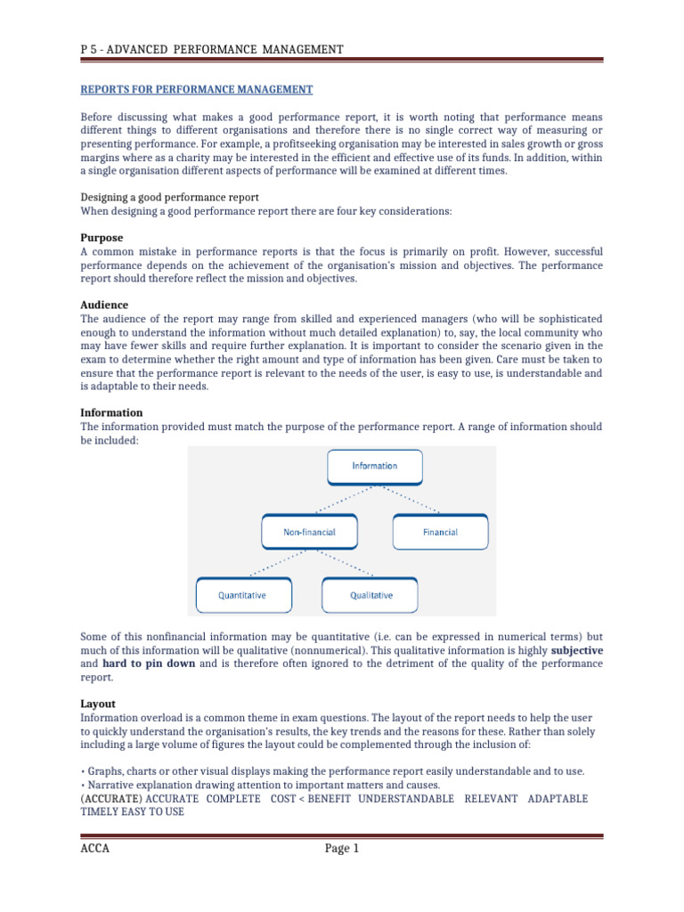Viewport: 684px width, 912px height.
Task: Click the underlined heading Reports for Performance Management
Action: click(197, 89)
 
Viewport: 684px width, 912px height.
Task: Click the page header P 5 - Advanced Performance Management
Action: click(211, 49)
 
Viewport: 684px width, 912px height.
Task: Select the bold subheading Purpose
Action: click(102, 238)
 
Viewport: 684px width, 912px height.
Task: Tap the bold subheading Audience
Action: click(104, 305)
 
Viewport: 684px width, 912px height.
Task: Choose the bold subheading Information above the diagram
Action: click(111, 412)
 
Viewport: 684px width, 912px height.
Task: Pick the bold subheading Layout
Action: click(98, 703)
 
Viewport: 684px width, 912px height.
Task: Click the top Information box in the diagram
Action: click(375, 466)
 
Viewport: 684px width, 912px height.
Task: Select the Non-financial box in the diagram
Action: click(309, 532)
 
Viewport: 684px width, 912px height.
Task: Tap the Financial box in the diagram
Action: click(440, 532)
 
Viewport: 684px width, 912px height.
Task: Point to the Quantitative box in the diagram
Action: click(242, 595)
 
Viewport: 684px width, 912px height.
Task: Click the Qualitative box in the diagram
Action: click(370, 595)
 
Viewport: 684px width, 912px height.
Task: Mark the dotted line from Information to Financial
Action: click(410, 498)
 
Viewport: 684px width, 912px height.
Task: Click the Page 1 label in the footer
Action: click(342, 849)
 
